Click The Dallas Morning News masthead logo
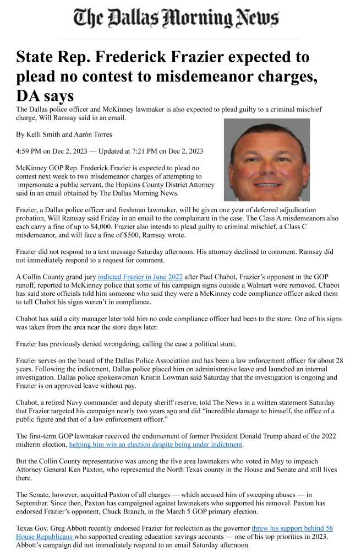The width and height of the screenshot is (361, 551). click(x=176, y=19)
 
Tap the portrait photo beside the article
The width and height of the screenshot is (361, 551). click(x=267, y=159)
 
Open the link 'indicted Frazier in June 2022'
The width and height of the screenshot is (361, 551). click(x=140, y=277)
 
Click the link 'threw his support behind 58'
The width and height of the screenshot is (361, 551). click(x=292, y=528)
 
